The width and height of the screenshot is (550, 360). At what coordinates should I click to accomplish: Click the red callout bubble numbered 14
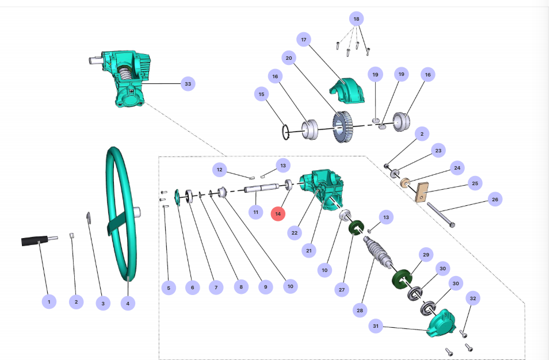(x=278, y=213)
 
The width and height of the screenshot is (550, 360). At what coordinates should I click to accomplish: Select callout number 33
(x=187, y=84)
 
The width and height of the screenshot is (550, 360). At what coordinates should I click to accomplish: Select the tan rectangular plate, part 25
(x=424, y=192)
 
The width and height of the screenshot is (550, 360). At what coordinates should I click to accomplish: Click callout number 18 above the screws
(x=356, y=19)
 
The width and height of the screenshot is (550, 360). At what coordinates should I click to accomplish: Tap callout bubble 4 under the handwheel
(x=127, y=302)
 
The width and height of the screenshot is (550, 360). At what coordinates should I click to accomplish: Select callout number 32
(x=473, y=298)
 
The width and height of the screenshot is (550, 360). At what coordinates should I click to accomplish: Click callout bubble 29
(x=426, y=254)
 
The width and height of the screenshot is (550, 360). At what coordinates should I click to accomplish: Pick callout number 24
(x=457, y=168)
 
